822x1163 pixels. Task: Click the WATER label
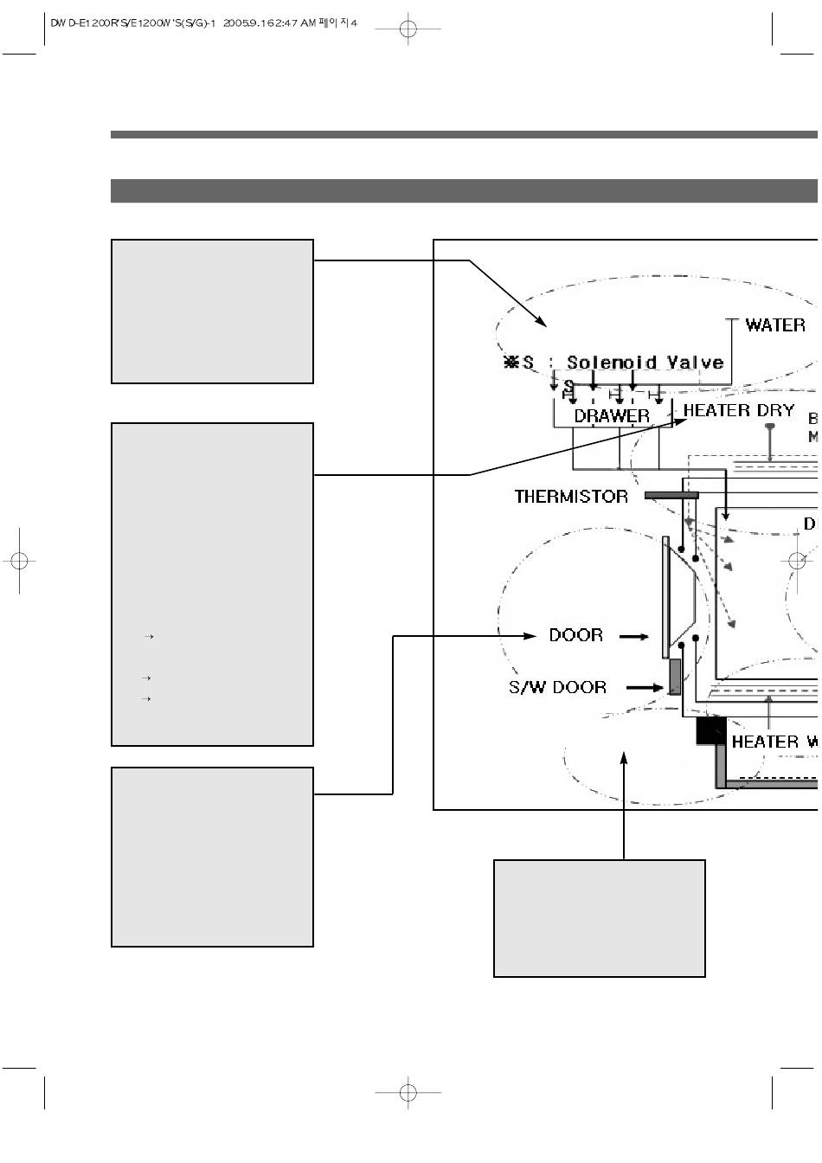point(775,325)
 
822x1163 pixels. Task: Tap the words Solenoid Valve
point(645,363)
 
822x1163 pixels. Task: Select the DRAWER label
point(612,416)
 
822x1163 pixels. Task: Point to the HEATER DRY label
point(739,410)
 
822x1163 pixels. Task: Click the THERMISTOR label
point(571,497)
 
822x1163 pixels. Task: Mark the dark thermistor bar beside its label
point(671,496)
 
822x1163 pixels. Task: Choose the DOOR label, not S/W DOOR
point(575,635)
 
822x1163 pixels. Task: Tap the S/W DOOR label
point(557,687)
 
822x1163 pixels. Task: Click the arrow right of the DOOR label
point(634,636)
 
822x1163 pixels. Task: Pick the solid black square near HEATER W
point(710,731)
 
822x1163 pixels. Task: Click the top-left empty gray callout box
point(212,312)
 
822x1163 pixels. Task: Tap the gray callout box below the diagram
point(599,918)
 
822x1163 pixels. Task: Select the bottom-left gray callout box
point(212,857)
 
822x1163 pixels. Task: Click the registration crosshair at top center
point(408,29)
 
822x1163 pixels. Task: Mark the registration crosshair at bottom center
point(408,1093)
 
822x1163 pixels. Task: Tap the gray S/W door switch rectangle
point(675,677)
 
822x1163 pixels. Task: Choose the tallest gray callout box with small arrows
point(212,584)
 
